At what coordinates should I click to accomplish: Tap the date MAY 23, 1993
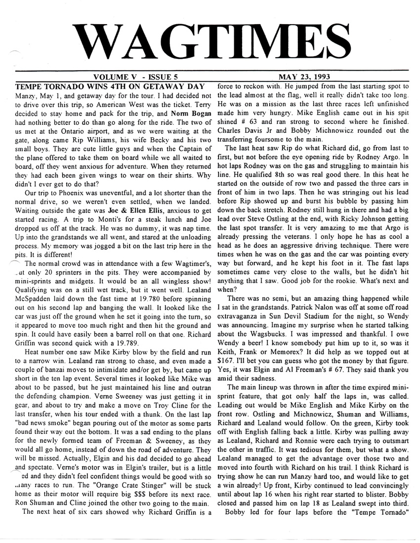point(305,77)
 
